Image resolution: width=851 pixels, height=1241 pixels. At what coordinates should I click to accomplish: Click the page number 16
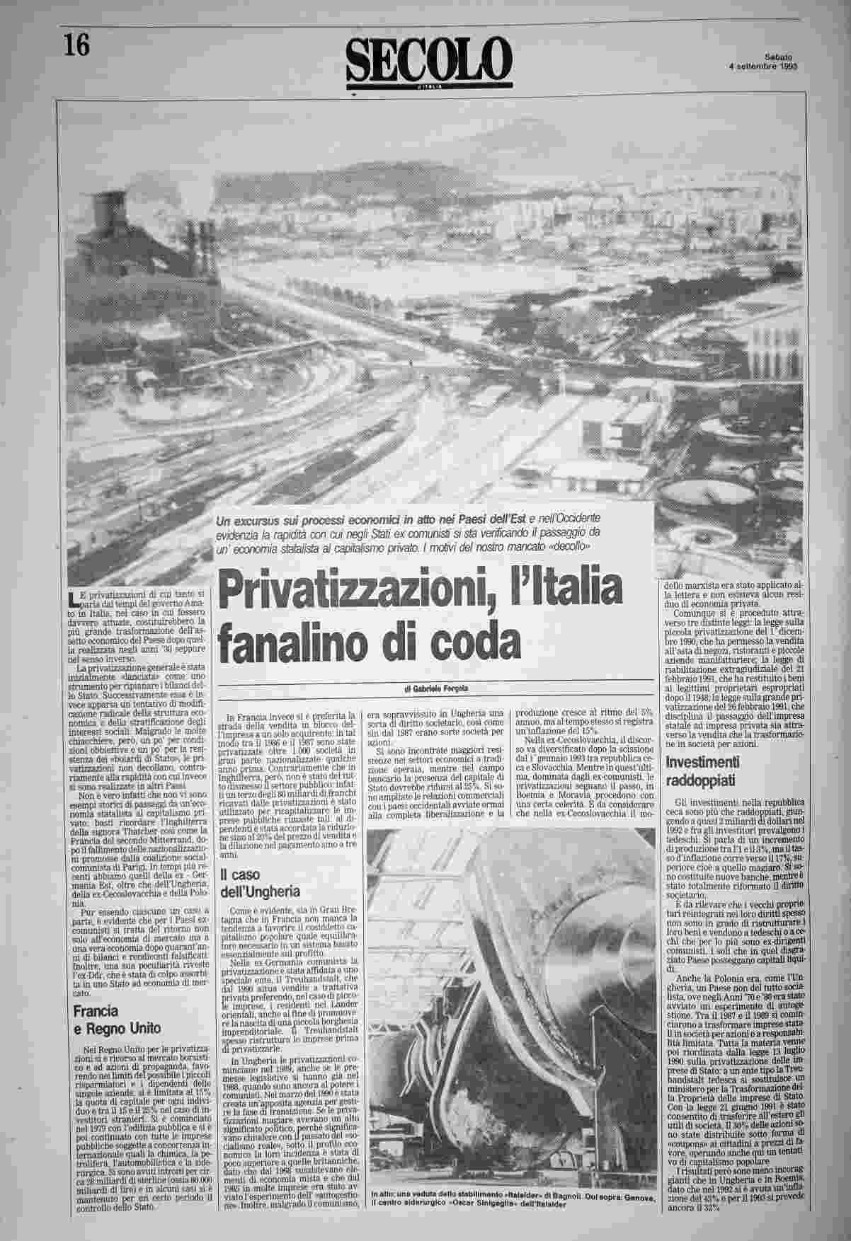tap(76, 46)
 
